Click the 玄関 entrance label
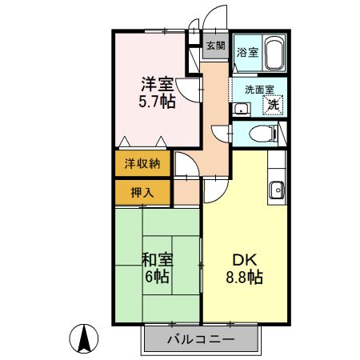click(x=215, y=46)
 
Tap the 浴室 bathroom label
click(x=247, y=53)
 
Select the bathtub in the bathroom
click(x=274, y=54)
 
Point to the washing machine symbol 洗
click(x=274, y=103)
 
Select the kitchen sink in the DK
click(x=277, y=190)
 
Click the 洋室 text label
click(x=156, y=83)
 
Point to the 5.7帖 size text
click(x=156, y=102)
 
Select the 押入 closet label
click(x=141, y=192)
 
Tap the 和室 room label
click(x=156, y=259)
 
